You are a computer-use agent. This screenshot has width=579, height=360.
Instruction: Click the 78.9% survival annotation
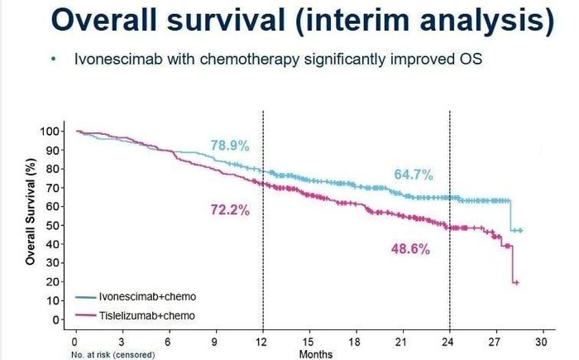point(230,146)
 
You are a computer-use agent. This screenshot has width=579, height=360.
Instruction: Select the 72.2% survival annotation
point(230,210)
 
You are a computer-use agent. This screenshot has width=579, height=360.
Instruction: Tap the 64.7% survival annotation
point(414,175)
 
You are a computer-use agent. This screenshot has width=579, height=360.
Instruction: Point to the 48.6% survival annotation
point(410,249)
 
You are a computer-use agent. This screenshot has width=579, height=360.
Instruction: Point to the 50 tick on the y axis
point(54,225)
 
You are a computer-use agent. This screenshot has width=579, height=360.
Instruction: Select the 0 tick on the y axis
point(56,319)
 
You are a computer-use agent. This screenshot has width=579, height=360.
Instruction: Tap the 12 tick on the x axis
point(261,342)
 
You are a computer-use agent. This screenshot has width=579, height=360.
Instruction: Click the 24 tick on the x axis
point(448,342)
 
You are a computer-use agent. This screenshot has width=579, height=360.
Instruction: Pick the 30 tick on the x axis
point(541,342)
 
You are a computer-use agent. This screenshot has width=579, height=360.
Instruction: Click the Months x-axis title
point(316,354)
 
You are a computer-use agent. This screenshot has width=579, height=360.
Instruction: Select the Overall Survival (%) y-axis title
point(31,211)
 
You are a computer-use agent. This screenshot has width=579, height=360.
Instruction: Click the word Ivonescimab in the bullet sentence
point(118,59)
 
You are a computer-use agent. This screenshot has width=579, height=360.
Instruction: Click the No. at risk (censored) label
point(113,355)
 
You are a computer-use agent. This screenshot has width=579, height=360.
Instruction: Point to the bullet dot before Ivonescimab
point(55,59)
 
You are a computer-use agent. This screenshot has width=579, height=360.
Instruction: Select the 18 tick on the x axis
point(355,342)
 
